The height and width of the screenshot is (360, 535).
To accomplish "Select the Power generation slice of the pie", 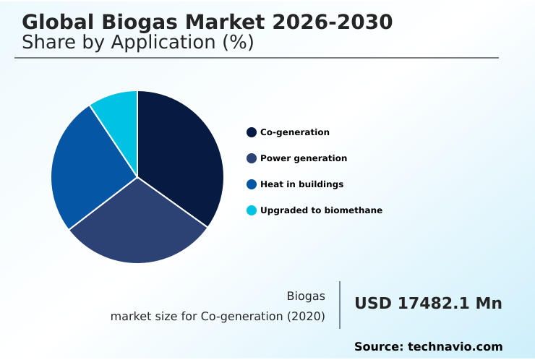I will click(x=141, y=224).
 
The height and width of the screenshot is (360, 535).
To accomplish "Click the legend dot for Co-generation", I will click(x=252, y=132).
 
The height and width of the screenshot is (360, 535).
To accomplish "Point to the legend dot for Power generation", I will click(x=252, y=158).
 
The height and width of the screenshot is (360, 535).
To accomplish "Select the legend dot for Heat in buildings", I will click(x=252, y=184).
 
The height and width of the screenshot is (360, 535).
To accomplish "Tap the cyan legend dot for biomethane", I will click(x=252, y=210).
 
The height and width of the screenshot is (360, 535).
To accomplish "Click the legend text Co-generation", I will click(x=295, y=132).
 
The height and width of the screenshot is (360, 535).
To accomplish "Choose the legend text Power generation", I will click(x=304, y=158).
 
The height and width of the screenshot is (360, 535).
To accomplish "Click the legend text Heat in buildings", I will click(x=301, y=184).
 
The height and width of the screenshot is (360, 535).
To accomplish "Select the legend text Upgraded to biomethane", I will click(x=321, y=210).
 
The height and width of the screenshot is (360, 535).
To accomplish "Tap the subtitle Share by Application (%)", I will click(x=137, y=43).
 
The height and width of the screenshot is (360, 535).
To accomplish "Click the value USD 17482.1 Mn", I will click(x=428, y=304).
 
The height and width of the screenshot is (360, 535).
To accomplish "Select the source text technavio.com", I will click(x=455, y=347).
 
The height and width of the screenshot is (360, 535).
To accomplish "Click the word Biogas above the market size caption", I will click(x=306, y=296).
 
